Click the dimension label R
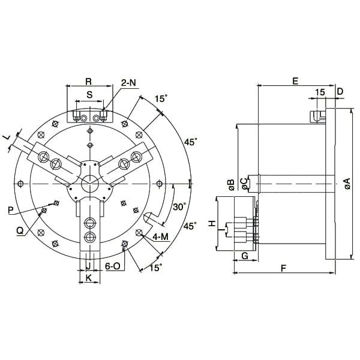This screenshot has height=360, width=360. pyautogui.click(x=88, y=80)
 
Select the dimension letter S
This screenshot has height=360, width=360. pyautogui.click(x=89, y=95)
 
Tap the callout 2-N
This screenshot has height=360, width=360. pyautogui.click(x=128, y=82)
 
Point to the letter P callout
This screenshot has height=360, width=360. pyautogui.click(x=10, y=210)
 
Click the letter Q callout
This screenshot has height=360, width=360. pyautogui.click(x=20, y=229)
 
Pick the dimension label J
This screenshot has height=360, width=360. pyautogui.click(x=88, y=266)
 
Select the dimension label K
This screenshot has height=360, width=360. pyautogui.click(x=88, y=278)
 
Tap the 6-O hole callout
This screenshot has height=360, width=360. pyautogui.click(x=113, y=266)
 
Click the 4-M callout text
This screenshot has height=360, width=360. pyautogui.click(x=160, y=237)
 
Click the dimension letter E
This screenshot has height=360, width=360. pyautogui.click(x=295, y=80)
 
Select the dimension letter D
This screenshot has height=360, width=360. pyautogui.click(x=340, y=91)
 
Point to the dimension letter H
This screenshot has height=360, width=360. pyautogui.click(x=211, y=224)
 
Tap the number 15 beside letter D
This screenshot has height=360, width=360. pyautogui.click(x=319, y=91)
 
